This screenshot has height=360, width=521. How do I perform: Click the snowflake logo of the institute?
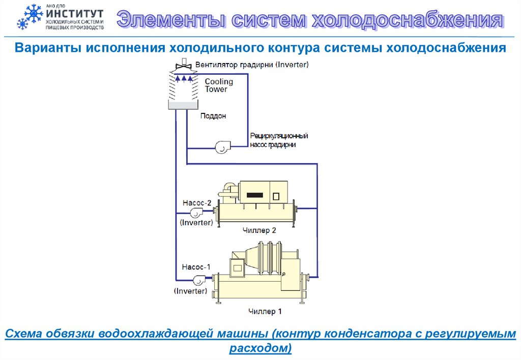[30, 17]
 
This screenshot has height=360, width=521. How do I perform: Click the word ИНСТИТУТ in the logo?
[74, 13]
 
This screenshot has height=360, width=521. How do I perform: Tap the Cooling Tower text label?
[219, 85]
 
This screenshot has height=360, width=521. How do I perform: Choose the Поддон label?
[213, 116]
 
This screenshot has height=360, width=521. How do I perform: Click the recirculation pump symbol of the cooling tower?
[222, 147]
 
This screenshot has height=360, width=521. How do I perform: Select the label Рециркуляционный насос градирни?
[279, 140]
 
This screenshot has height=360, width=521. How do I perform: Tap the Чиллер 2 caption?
[259, 230]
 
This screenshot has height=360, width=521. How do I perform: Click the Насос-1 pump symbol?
[197, 279]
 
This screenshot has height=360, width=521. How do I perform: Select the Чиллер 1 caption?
[265, 311]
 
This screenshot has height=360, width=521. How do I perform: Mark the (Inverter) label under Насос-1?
[190, 291]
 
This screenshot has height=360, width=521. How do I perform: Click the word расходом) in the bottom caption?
[260, 348]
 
